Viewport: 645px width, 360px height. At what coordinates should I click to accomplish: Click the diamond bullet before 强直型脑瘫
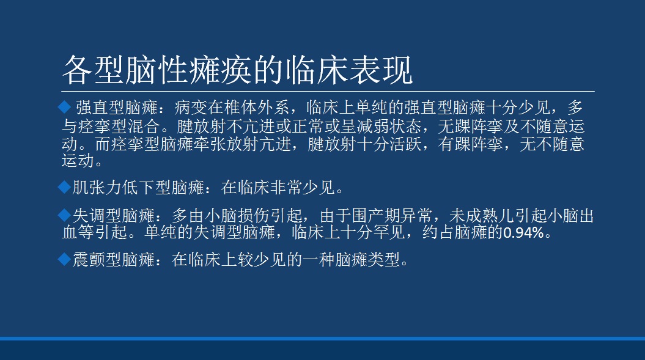(x=65, y=108)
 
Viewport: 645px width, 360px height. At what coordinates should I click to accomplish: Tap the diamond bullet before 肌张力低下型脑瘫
(x=65, y=188)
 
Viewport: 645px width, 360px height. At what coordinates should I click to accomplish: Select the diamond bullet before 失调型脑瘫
(x=65, y=215)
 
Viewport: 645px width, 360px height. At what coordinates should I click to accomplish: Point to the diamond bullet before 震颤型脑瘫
(x=65, y=260)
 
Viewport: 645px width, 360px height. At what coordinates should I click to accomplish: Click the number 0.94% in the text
(x=524, y=233)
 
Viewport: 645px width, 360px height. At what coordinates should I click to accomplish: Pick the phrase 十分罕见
(x=373, y=233)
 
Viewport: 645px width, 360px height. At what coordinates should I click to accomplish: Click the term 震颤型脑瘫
(x=114, y=260)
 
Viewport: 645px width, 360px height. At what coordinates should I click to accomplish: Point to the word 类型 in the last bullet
(x=384, y=260)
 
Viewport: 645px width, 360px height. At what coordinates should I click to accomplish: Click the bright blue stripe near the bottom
(x=323, y=339)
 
